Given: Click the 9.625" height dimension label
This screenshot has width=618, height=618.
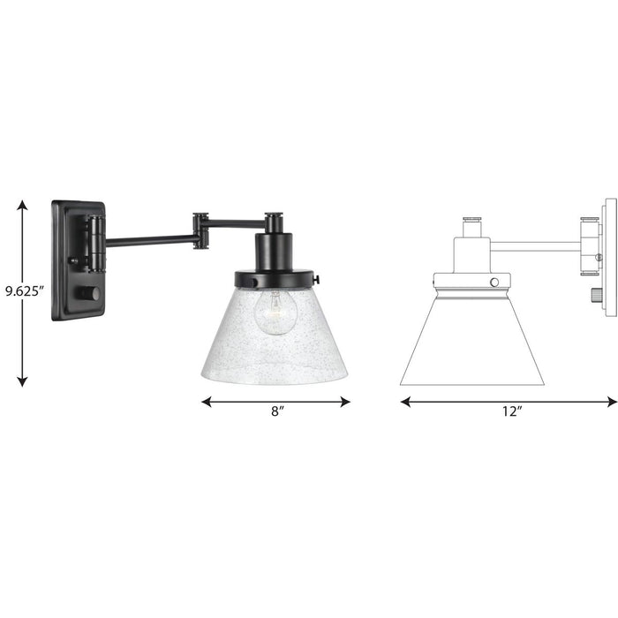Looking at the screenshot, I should tap(22, 290).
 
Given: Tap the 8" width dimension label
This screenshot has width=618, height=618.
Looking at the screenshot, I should tap(277, 411).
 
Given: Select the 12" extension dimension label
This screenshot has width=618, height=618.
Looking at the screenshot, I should tap(509, 411).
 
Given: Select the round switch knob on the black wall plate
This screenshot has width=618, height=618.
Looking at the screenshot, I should tap(89, 292).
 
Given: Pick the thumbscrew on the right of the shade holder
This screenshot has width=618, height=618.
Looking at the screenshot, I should tap(315, 282).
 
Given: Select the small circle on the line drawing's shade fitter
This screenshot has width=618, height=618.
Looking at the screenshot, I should tap(494, 282).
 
